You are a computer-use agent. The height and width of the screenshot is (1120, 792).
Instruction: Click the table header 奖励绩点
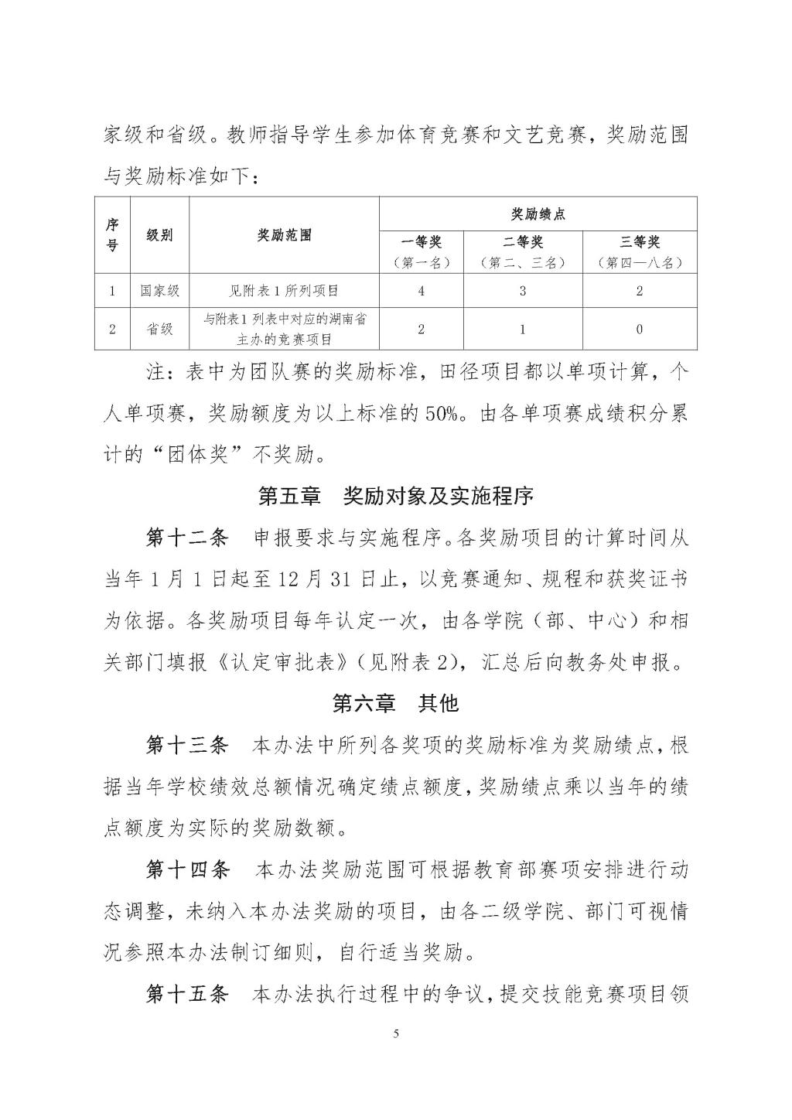click(x=538, y=213)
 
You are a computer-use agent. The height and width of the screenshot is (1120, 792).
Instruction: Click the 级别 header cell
click(x=159, y=235)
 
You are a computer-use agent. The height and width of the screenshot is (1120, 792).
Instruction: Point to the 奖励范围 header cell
click(x=284, y=235)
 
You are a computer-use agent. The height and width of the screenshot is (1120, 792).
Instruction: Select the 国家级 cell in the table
click(x=159, y=291)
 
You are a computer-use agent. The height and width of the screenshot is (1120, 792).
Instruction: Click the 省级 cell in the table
click(x=159, y=329)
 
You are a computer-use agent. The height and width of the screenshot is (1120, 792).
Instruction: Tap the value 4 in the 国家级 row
click(x=421, y=291)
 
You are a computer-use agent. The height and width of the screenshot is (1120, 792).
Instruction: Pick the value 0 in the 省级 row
click(x=639, y=329)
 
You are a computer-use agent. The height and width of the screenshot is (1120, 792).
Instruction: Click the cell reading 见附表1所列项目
click(x=284, y=291)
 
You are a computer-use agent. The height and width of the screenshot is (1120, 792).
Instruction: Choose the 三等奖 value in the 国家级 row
click(x=639, y=291)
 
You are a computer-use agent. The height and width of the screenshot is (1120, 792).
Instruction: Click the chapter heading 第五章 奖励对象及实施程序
click(x=395, y=496)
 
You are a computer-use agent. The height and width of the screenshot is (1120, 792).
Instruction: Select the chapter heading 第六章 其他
click(x=395, y=702)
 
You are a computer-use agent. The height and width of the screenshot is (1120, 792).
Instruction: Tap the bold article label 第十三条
click(x=187, y=746)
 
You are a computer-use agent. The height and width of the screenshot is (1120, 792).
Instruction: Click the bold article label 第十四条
click(x=187, y=869)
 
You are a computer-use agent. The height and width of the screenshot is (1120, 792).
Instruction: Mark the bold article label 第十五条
click(x=187, y=994)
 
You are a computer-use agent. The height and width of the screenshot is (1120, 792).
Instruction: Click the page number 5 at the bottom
click(x=396, y=1034)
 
